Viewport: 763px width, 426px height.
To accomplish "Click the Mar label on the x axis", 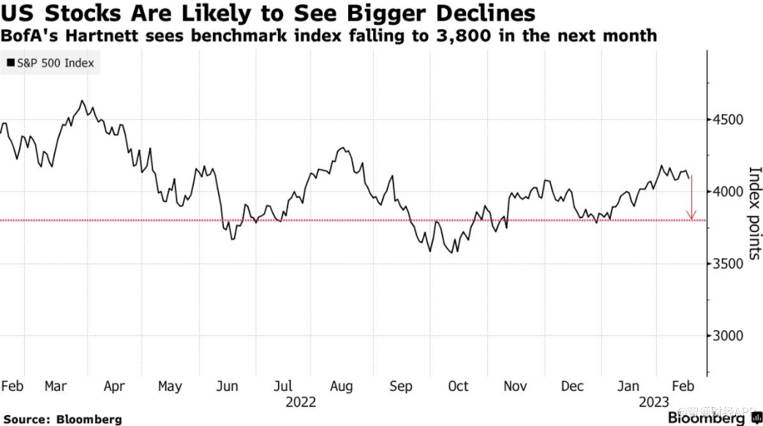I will [x=56, y=386].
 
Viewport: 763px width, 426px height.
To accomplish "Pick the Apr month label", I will [x=113, y=386].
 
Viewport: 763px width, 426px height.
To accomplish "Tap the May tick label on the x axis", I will [x=170, y=386].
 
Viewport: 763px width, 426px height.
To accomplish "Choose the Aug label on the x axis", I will [x=341, y=386].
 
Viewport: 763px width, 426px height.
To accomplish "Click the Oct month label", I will [x=457, y=386].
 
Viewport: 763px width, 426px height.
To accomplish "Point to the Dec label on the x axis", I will [x=573, y=386].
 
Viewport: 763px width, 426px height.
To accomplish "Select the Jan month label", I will [x=629, y=386].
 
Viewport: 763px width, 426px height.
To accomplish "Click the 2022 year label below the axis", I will [x=301, y=402].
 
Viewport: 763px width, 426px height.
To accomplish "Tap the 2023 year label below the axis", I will [x=654, y=402].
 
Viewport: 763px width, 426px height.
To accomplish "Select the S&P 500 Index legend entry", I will [x=50, y=63].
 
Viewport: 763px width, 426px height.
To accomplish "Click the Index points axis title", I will [x=755, y=213].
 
